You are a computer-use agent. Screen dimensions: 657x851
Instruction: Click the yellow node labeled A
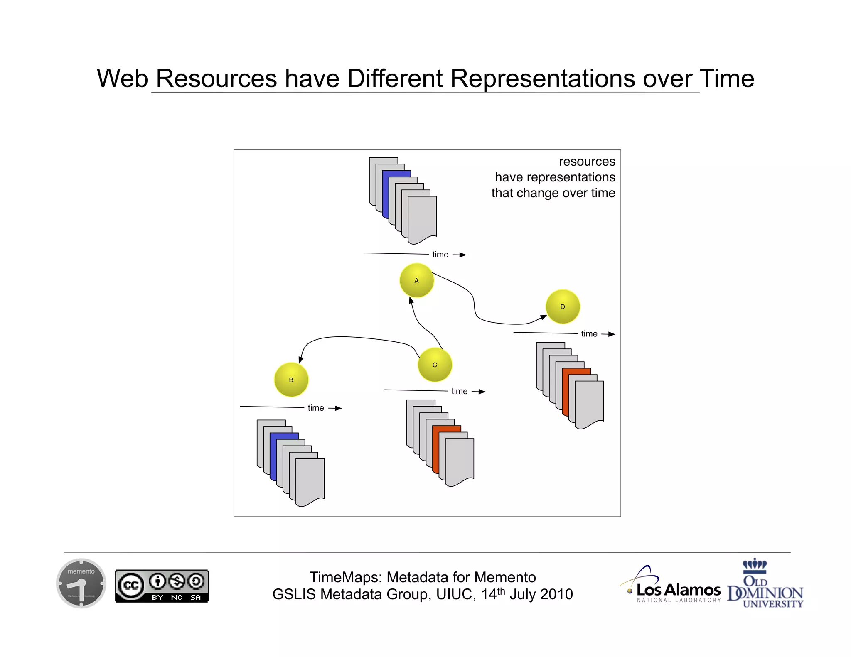(416, 280)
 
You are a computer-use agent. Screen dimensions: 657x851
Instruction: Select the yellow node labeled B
(291, 380)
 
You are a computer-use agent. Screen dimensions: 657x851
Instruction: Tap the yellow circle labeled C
(435, 365)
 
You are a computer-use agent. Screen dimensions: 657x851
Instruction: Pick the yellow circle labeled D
(563, 306)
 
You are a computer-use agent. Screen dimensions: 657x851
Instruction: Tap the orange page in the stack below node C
(435, 449)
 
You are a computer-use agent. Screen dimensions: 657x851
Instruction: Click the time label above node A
(440, 255)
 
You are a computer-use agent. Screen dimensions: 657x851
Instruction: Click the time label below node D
(589, 334)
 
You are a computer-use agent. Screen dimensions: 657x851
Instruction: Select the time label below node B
(315, 408)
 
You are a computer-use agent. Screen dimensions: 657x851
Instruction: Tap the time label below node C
(459, 391)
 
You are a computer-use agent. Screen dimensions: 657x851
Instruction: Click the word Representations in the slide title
(542, 78)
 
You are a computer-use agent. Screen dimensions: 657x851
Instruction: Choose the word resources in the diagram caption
(586, 162)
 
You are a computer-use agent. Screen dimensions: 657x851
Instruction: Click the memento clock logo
(81, 583)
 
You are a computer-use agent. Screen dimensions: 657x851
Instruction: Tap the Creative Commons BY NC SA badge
(162, 586)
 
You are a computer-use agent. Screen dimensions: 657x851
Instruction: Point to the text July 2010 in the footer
(541, 594)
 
